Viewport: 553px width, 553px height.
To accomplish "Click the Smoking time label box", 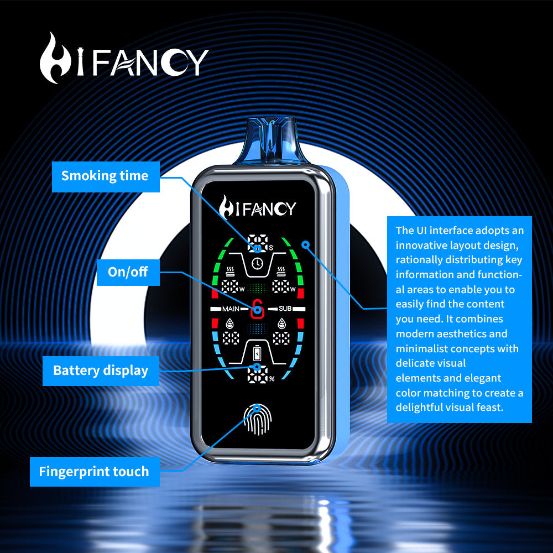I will click(x=105, y=176).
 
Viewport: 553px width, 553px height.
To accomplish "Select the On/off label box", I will click(x=128, y=272).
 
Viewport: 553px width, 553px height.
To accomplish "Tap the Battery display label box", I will click(x=101, y=370).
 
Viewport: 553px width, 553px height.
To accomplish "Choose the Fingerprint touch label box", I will click(x=94, y=472).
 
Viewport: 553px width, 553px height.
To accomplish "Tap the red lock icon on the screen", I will click(x=257, y=310).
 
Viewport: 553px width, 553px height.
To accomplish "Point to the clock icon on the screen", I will click(x=257, y=264).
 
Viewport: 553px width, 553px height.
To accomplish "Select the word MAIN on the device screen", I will click(x=231, y=309).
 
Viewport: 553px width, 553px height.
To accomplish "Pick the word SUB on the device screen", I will click(x=285, y=309).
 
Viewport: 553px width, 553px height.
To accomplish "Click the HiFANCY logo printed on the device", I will click(x=257, y=207).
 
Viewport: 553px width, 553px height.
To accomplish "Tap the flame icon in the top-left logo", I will click(x=54, y=59).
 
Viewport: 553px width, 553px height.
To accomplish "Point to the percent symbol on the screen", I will click(x=272, y=379).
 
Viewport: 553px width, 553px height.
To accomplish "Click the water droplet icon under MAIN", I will click(x=230, y=323).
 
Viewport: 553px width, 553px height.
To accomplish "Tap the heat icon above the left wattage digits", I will click(x=230, y=272).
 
